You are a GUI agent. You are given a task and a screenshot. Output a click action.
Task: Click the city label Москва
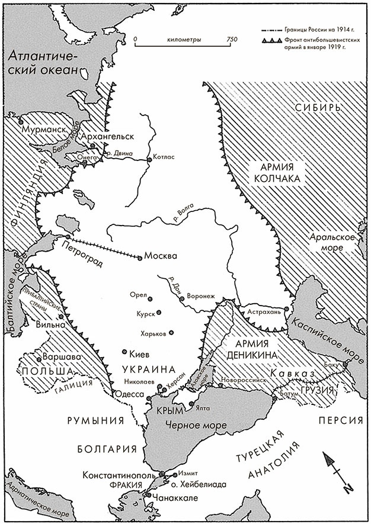coord(161,257)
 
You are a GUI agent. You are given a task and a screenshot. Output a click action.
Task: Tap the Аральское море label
coord(331,242)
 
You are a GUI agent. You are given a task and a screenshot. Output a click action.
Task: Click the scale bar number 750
coord(231,39)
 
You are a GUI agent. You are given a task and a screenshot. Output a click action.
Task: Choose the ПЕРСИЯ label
coord(339,419)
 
